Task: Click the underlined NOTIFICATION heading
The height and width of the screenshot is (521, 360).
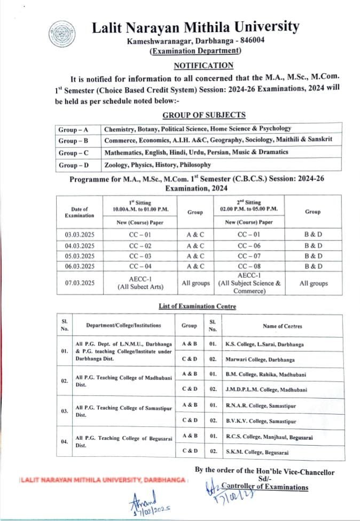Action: [204, 65]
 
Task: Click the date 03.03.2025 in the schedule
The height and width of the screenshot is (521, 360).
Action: [80, 234]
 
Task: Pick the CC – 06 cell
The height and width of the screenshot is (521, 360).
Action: [249, 246]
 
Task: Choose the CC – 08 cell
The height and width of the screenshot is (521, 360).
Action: [249, 266]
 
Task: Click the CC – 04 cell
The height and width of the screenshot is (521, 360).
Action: [142, 266]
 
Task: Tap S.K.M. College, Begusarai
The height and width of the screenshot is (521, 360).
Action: [257, 452]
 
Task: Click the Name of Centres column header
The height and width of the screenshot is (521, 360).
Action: [283, 325]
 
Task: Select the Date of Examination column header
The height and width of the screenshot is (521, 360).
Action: [80, 212]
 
